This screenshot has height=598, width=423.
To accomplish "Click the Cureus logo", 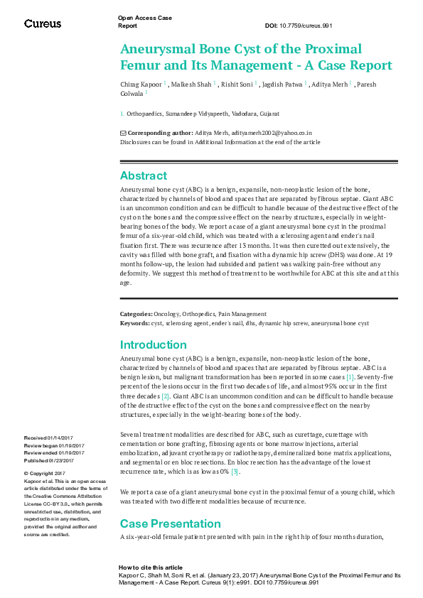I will pos(43,23).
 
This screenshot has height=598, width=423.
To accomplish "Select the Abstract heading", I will pos(144,175).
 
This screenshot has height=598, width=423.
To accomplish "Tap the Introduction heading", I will pos(153,345).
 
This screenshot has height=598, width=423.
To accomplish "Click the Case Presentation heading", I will pos(170,523).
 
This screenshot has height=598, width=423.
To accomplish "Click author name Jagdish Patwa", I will pos(280,85).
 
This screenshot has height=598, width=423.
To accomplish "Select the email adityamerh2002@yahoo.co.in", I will pos(262,133).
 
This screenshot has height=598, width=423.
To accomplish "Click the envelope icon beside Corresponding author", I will pos(123,133).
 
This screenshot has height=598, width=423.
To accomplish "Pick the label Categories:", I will pos(136,314).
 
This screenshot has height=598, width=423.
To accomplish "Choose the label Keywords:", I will pos(134,323).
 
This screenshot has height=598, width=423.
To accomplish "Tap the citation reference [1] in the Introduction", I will pos(350,377).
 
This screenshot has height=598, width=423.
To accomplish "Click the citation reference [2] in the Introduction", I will pos(166,396).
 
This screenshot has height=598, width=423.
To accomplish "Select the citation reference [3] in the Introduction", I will pos(235,472).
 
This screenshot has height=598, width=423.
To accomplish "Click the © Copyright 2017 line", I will pos(45,473).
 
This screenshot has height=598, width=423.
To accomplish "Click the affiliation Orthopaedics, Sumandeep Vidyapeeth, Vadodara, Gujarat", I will pos(203,114).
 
